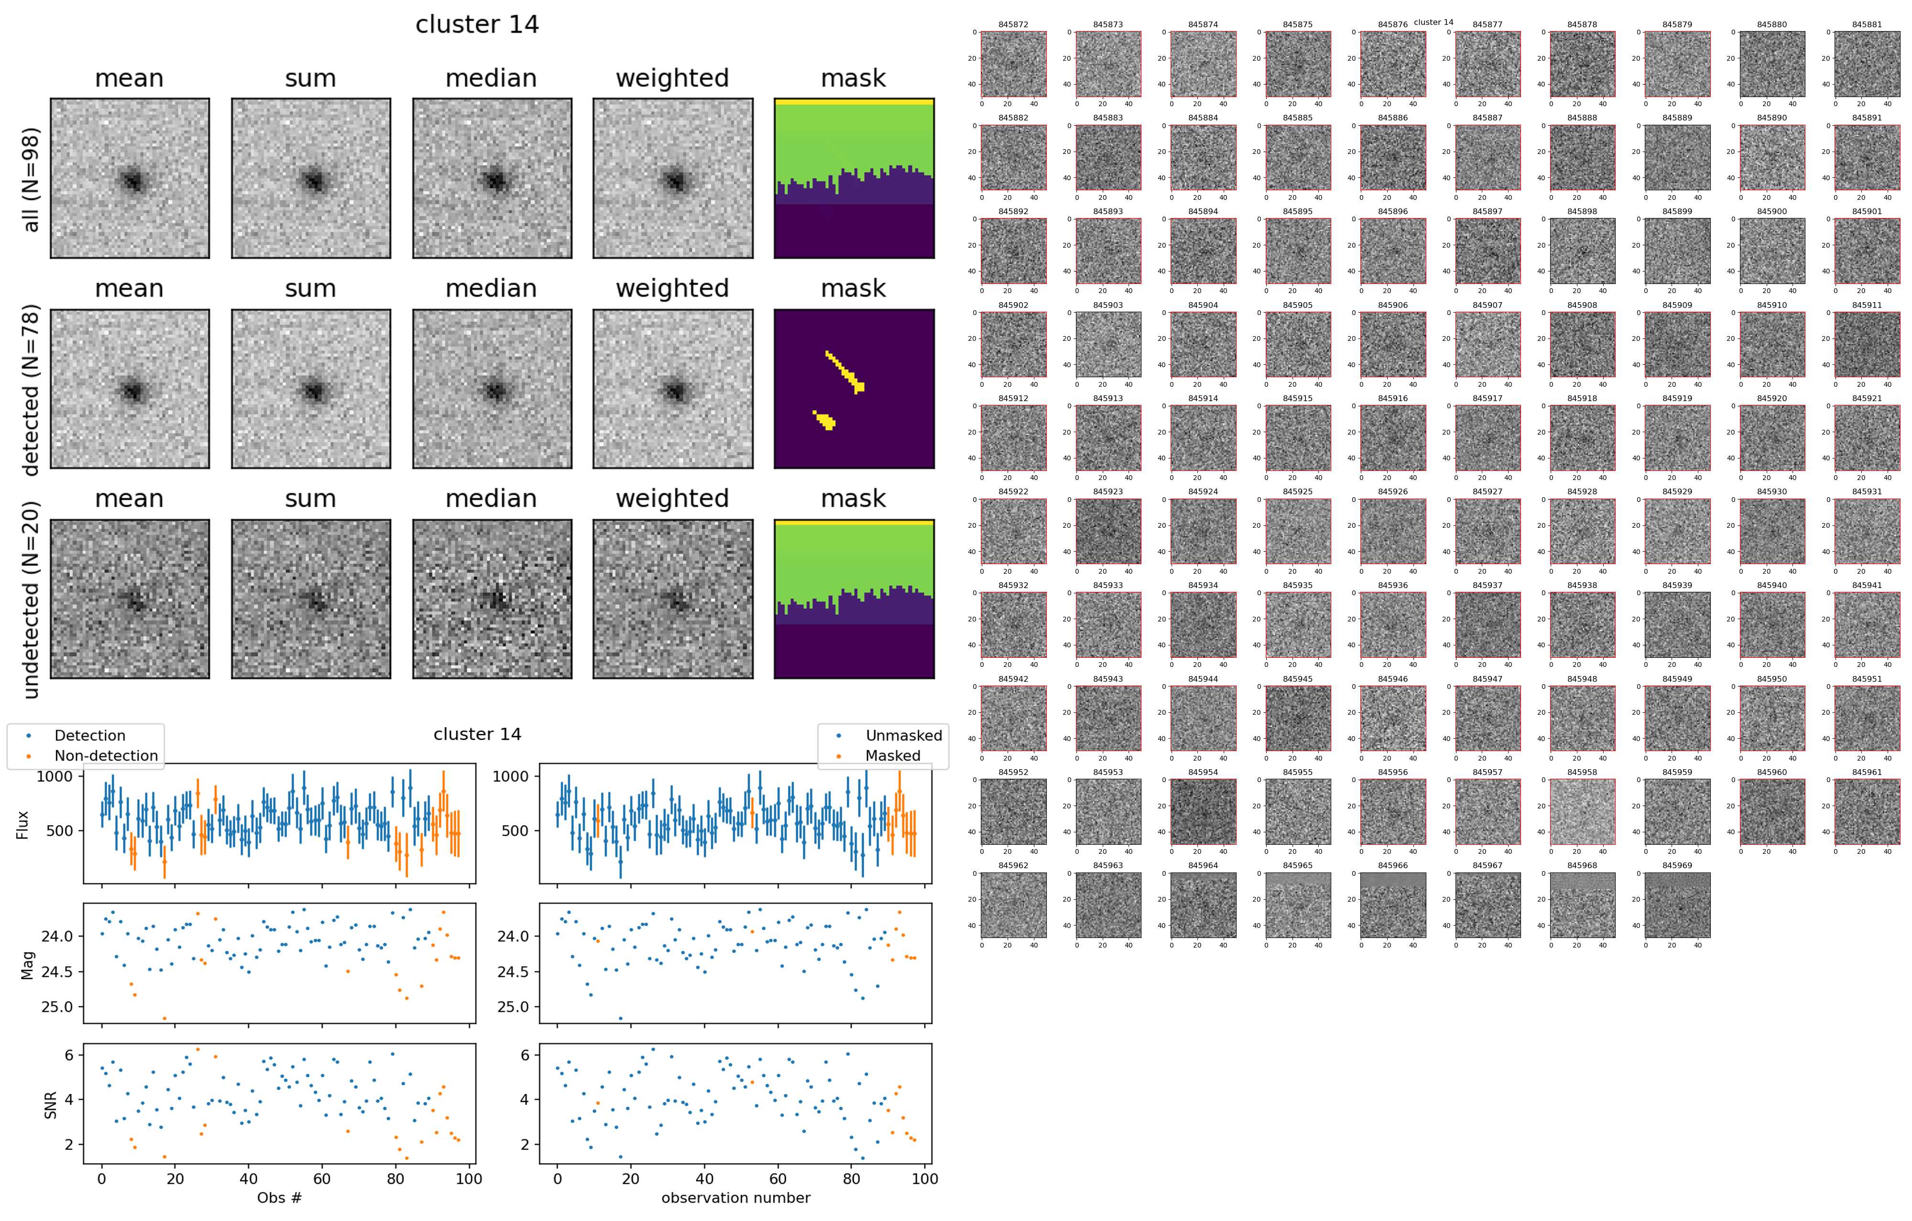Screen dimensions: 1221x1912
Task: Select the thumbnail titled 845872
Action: (x=1013, y=65)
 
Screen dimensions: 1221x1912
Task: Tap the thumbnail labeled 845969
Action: (x=1676, y=905)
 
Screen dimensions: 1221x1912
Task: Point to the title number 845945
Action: (x=1297, y=679)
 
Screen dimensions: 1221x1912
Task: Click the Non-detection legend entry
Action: (x=106, y=756)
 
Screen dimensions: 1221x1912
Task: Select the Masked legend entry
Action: (x=892, y=756)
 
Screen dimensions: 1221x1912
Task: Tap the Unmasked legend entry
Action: (x=903, y=736)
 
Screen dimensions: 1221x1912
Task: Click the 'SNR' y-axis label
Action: (x=51, y=1103)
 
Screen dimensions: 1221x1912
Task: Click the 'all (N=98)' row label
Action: (x=30, y=179)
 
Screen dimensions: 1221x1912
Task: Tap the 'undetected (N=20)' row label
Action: (x=30, y=600)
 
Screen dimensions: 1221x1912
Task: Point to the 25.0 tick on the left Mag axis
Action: (x=56, y=1007)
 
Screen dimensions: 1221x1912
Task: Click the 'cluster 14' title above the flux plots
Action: (x=477, y=734)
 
